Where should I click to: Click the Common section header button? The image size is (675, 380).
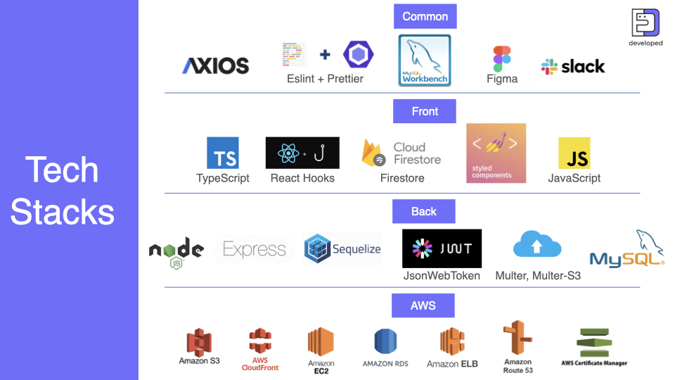(x=425, y=16)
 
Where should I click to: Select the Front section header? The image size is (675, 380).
(x=425, y=111)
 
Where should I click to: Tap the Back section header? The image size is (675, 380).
(x=423, y=211)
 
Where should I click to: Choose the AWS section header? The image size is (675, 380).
(x=423, y=305)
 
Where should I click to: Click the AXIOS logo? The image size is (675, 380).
(x=216, y=66)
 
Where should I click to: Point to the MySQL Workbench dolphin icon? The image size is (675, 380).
(x=425, y=61)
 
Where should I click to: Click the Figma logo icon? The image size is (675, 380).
(x=502, y=60)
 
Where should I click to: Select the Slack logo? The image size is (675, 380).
(x=573, y=66)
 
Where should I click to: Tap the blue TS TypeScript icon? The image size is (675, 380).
(x=223, y=153)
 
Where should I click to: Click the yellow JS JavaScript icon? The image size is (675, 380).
(x=574, y=153)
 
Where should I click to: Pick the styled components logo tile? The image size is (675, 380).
(x=496, y=153)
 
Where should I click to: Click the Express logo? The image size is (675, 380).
(x=255, y=249)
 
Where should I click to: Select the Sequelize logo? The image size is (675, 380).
(x=342, y=249)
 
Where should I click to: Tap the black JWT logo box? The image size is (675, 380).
(x=442, y=248)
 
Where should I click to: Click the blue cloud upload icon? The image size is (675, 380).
(x=537, y=245)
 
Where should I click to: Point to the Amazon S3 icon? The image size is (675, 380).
(x=199, y=342)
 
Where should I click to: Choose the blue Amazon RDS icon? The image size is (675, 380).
(x=386, y=342)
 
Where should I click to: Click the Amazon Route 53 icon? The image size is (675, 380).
(x=517, y=338)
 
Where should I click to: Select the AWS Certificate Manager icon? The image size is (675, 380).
(x=594, y=343)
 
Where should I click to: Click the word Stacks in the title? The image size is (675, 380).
(x=63, y=211)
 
